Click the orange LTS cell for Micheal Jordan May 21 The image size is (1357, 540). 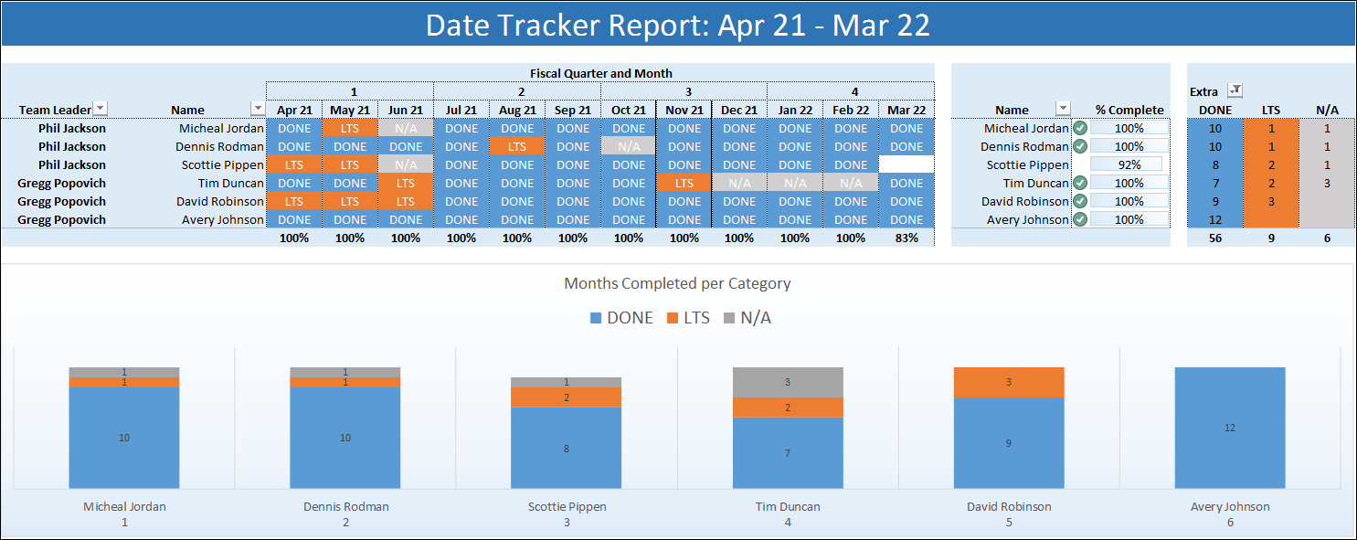click(350, 129)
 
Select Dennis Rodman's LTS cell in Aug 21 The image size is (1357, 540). click(517, 147)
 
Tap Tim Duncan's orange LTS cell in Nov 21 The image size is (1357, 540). click(684, 184)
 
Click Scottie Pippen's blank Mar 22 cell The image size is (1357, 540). click(906, 165)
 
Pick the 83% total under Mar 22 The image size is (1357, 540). click(906, 238)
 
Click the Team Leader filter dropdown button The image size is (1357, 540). click(101, 109)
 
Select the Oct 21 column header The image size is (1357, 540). click(629, 111)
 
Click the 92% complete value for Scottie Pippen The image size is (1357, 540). click(1129, 165)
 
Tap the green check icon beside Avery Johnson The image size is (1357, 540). click(1080, 220)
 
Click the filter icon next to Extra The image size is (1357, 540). click(1235, 90)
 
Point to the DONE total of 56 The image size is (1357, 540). click(1214, 238)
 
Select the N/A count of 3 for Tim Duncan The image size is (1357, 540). click(1327, 184)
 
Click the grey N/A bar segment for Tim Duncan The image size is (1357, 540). click(788, 382)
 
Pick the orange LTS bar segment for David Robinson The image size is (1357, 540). click(1009, 382)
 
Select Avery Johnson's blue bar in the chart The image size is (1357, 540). click(1230, 428)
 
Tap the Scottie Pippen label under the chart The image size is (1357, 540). click(567, 506)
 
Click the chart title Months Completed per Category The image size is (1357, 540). click(677, 283)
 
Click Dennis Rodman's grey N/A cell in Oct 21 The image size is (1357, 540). click(629, 147)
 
